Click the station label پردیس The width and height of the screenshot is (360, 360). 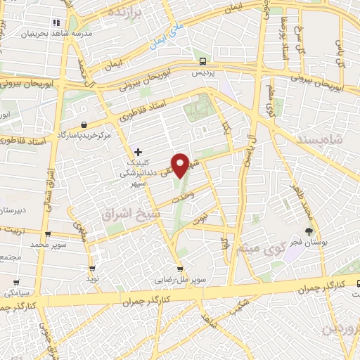(x=202, y=72)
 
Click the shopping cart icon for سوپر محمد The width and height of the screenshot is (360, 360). (x=47, y=235)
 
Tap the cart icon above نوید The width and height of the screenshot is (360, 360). (x=92, y=268)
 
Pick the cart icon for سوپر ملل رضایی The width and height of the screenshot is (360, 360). (x=181, y=268)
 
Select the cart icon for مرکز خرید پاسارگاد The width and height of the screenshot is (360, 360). (x=84, y=124)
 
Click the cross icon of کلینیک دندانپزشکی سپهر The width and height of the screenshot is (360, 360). (x=138, y=151)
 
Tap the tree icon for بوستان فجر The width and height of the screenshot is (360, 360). (x=308, y=231)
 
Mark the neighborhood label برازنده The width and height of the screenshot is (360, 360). (x=127, y=13)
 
